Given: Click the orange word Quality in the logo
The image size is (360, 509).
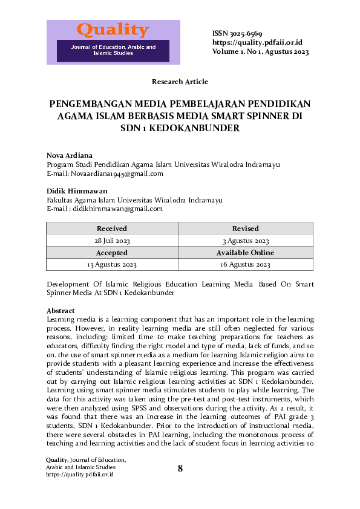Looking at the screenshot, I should (113, 30).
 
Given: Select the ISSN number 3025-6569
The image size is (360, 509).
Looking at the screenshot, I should (245, 33).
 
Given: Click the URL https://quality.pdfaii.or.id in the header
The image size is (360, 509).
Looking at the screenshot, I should (257, 42).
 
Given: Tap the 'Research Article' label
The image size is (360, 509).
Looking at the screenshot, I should (180, 82).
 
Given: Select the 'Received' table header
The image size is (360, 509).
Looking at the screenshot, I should (112, 229).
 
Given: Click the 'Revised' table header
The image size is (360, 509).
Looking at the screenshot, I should (245, 229).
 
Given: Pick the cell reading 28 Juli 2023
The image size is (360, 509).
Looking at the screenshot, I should (112, 241).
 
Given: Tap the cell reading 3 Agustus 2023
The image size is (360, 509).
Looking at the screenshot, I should (245, 241).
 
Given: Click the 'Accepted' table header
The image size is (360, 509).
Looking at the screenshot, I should (112, 253).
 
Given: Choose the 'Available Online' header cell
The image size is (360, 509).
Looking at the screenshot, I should (245, 253).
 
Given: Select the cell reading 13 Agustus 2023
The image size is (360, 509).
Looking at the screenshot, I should (112, 265).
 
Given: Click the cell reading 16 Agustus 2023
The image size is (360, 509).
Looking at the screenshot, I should (245, 265).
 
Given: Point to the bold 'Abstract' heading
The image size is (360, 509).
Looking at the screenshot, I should (61, 311).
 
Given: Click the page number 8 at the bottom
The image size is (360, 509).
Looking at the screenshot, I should (180, 468).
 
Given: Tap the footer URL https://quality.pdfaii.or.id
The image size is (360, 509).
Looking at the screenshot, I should (80, 475).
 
